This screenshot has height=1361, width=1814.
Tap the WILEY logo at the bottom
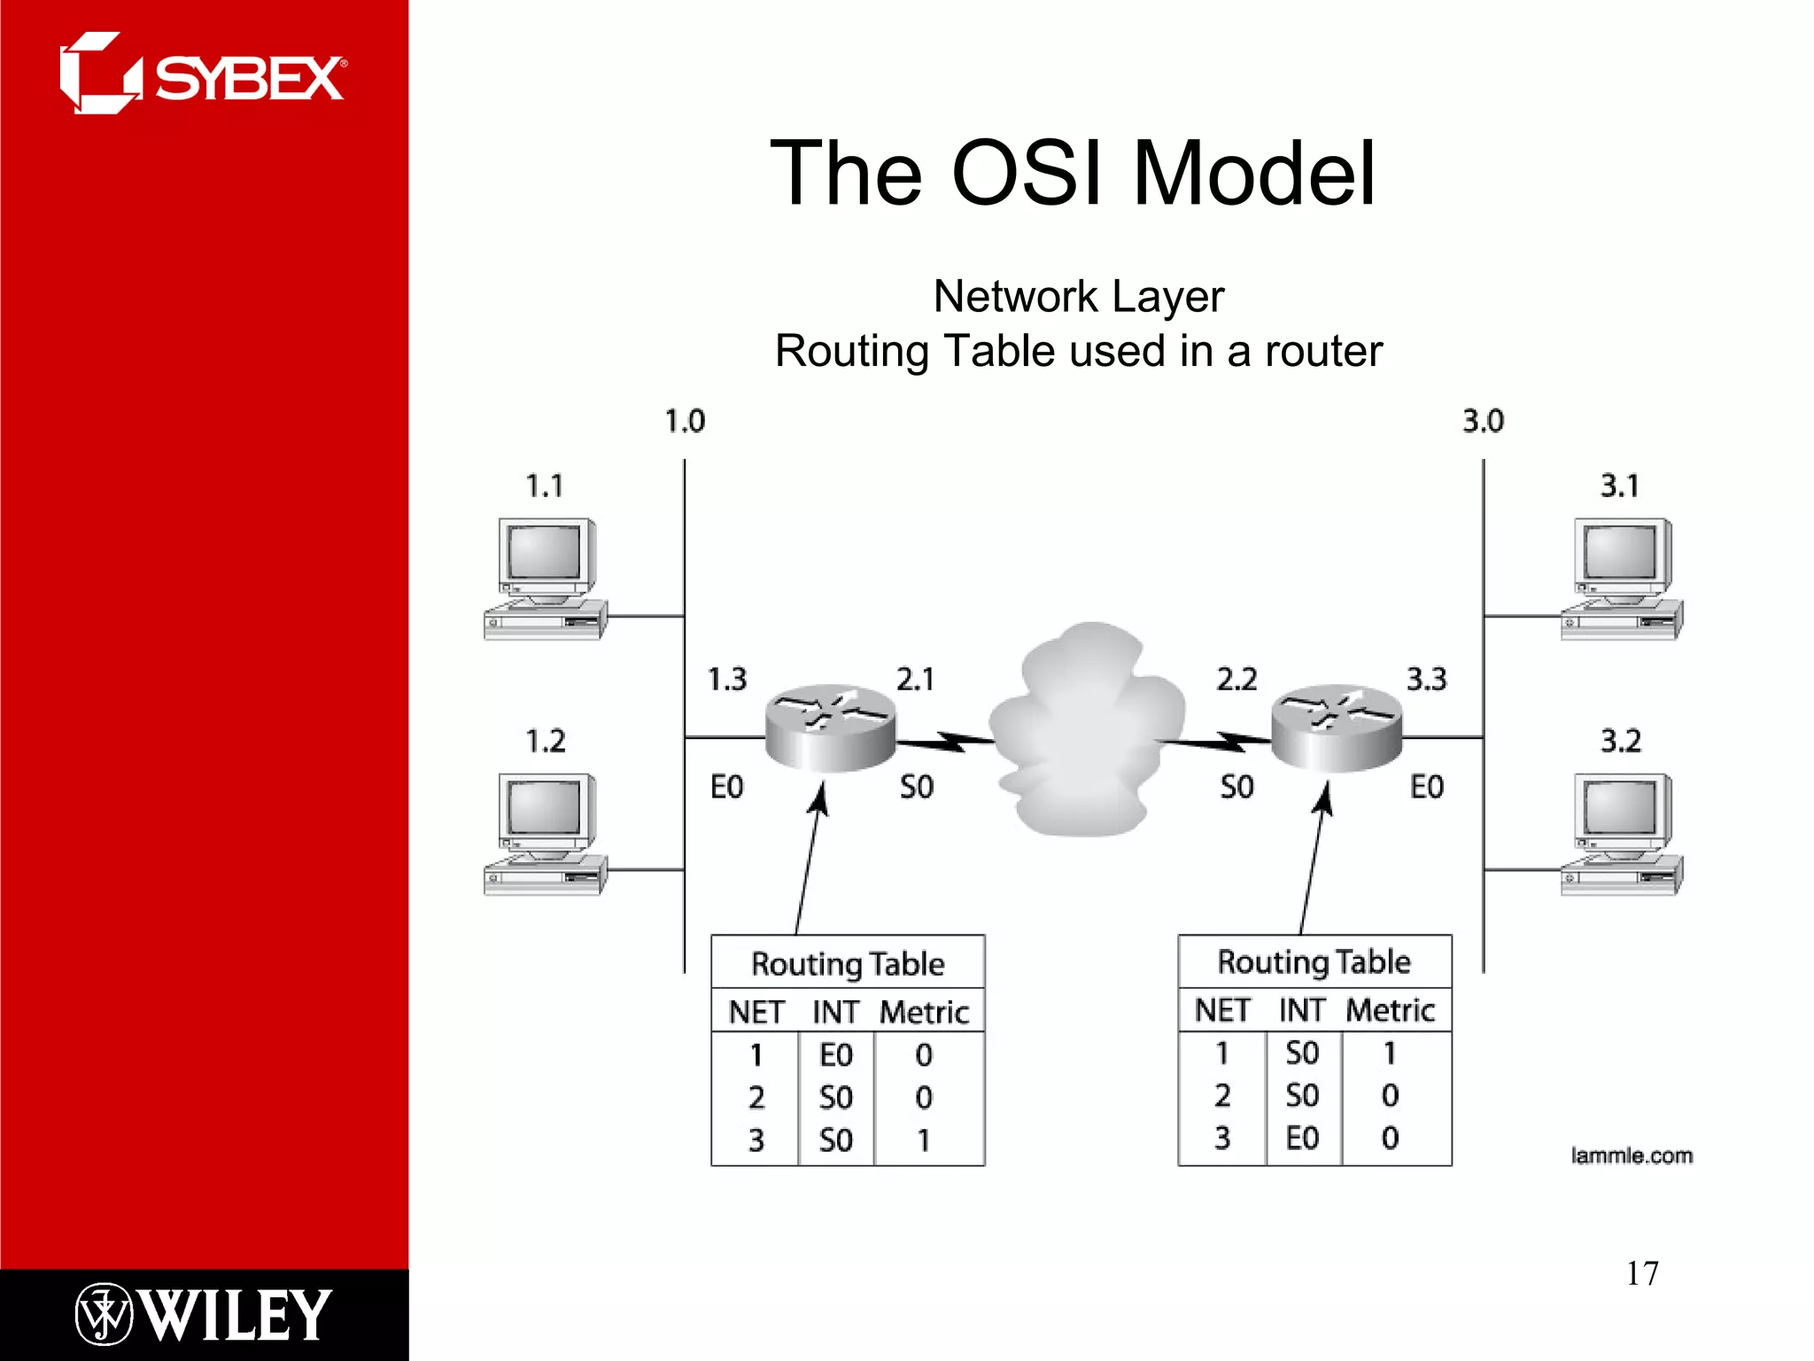coord(203,1314)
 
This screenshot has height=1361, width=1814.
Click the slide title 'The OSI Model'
coord(1073,174)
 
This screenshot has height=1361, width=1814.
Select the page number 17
coord(1641,1273)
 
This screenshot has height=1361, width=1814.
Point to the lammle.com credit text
coord(1631,1155)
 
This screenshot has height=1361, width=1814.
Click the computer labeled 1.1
coord(545,578)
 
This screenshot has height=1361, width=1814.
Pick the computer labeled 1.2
coord(545,833)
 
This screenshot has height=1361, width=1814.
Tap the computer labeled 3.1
coord(1621,578)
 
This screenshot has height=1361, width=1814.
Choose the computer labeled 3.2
coord(1621,833)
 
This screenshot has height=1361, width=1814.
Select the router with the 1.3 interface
coord(830,727)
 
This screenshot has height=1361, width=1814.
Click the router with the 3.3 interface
coord(1336,727)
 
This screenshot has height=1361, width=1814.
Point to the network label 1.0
coord(685,421)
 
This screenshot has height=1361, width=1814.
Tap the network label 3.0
coord(1483,421)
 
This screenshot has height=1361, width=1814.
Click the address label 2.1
coord(915,680)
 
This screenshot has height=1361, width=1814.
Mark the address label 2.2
coord(1236,680)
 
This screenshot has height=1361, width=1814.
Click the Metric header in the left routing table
coord(924,1012)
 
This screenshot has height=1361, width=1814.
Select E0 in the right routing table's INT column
coord(1302,1139)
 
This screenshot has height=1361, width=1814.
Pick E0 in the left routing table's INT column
coord(835,1055)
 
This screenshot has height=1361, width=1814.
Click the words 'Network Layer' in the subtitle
coord(1078,296)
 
